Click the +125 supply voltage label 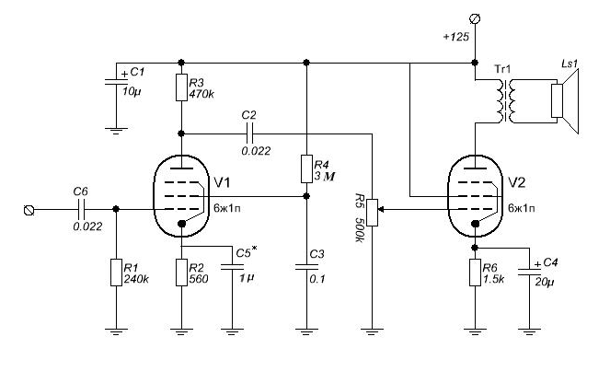[456, 37]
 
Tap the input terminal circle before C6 [29, 210]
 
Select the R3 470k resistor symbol [181, 87]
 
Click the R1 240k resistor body [116, 273]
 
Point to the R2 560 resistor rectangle [181, 273]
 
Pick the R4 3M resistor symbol [306, 168]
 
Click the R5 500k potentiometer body [373, 213]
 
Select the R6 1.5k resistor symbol [475, 273]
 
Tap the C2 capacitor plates [249, 133]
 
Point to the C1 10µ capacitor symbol [116, 81]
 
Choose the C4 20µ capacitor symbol [529, 271]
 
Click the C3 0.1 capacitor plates [306, 267]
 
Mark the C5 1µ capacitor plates [232, 267]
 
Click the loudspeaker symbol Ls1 [565, 100]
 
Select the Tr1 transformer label [502, 70]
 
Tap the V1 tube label [222, 182]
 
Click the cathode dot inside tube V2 [475, 224]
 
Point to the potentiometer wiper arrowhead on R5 [381, 209]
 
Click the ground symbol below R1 [116, 331]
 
